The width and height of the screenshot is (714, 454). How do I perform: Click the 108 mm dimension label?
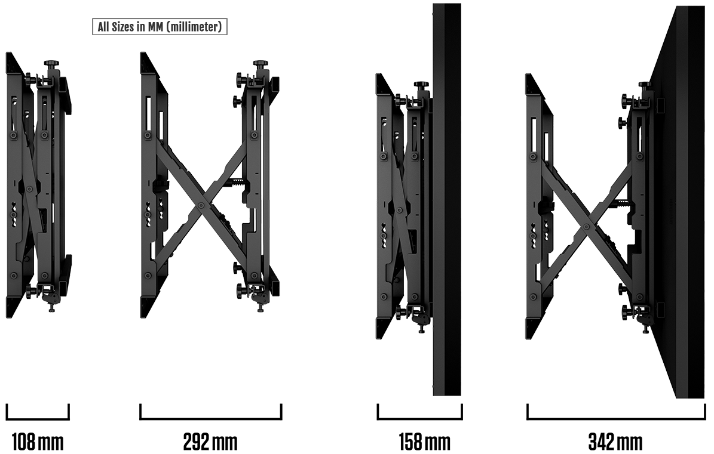click(37, 441)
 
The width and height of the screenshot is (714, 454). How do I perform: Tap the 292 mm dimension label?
click(210, 441)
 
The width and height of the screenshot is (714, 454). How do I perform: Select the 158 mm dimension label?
click(424, 441)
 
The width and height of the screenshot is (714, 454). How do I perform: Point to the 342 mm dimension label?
click(615, 441)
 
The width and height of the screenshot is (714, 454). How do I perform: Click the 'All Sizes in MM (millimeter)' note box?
click(160, 27)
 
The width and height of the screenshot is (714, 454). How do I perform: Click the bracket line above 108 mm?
click(38, 419)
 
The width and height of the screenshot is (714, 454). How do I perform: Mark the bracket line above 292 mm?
click(211, 419)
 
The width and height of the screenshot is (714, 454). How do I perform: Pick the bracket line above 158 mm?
click(420, 419)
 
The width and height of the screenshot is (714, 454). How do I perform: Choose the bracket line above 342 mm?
click(616, 419)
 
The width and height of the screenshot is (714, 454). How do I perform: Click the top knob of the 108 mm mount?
click(52, 63)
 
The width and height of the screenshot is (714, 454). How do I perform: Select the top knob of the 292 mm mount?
click(261, 63)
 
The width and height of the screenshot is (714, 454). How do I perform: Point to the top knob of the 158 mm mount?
click(421, 85)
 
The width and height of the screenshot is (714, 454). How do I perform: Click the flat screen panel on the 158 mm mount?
click(447, 199)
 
